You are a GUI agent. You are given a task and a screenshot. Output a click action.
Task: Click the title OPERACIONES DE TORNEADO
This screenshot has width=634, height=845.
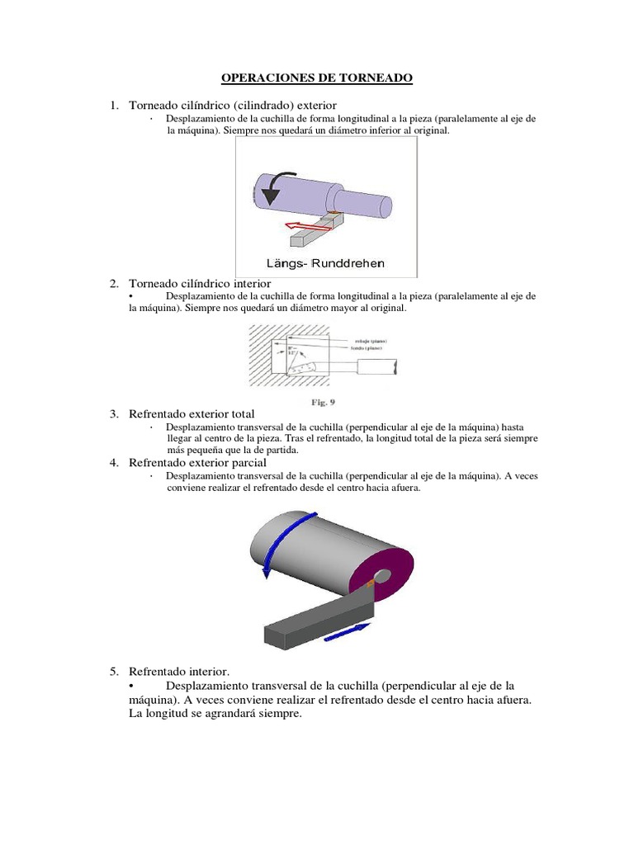click(x=316, y=78)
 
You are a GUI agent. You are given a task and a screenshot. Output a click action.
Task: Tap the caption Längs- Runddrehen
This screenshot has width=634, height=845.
click(x=325, y=263)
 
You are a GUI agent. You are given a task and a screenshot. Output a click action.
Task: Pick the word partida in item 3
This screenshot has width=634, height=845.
click(x=279, y=451)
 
